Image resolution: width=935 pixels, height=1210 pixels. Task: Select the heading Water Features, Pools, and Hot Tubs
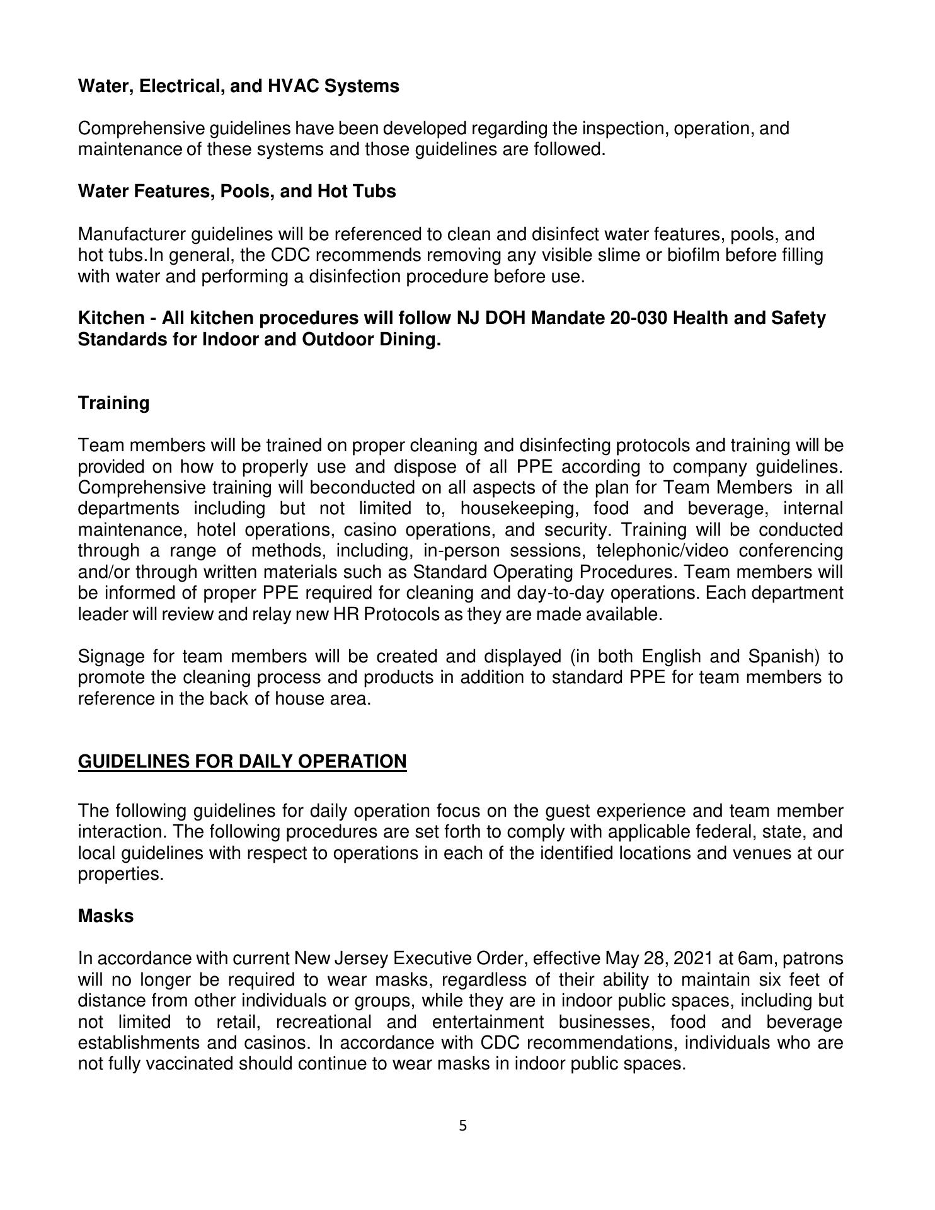pos(237,191)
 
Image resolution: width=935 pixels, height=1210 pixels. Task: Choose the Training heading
pos(113,403)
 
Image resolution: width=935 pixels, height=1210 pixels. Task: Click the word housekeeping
pos(515,509)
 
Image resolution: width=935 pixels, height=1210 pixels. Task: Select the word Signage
pos(110,657)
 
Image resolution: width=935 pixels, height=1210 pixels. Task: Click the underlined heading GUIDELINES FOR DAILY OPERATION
pos(242,761)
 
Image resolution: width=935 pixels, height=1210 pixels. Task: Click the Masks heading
pos(106,916)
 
